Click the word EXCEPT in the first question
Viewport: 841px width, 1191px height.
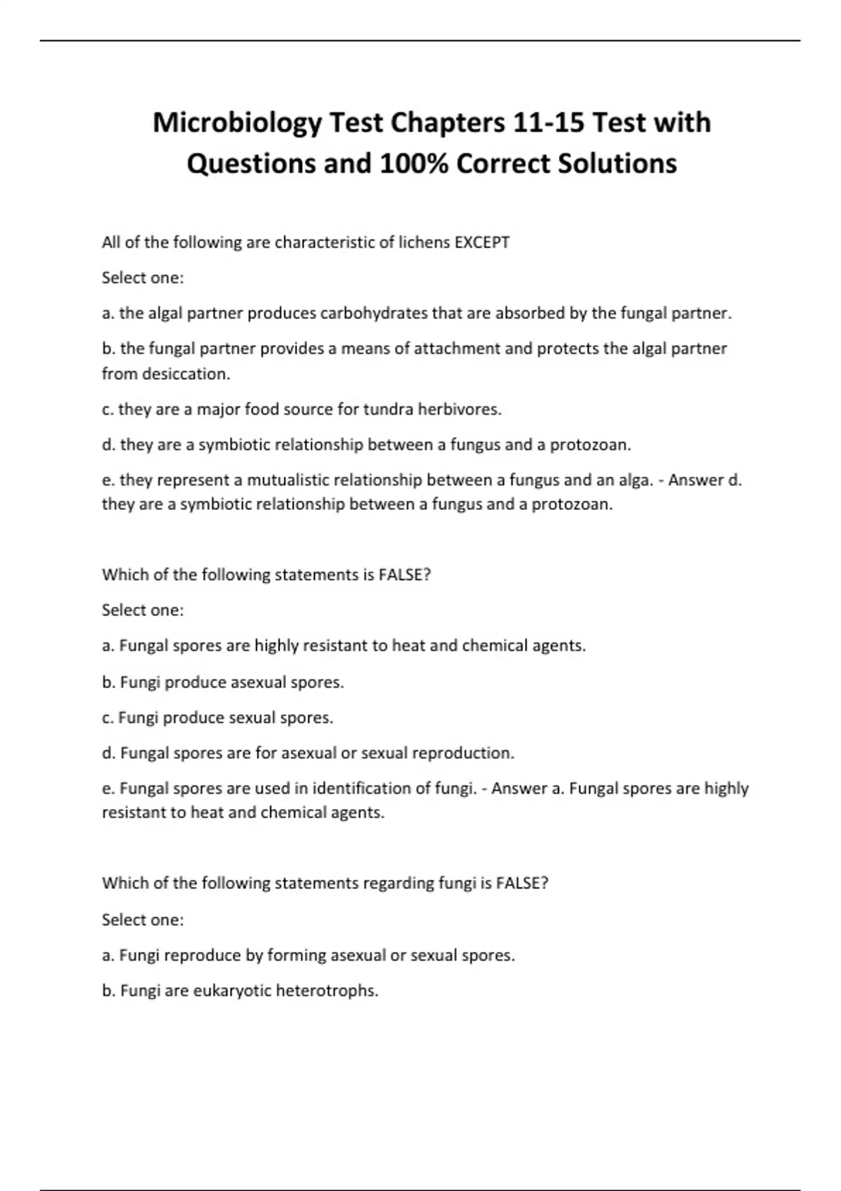click(x=482, y=242)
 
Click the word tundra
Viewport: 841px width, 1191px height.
click(x=388, y=409)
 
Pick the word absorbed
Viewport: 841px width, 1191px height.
click(x=530, y=313)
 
